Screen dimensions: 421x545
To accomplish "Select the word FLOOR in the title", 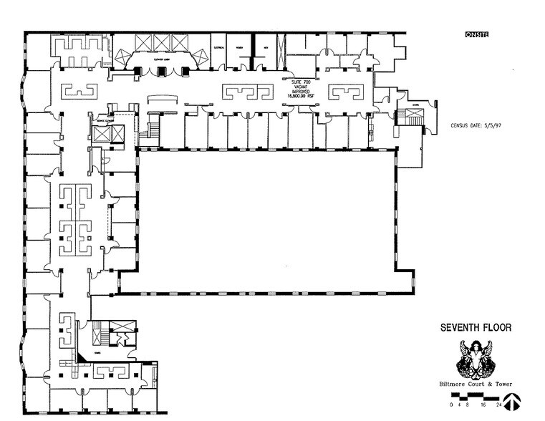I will [x=496, y=329].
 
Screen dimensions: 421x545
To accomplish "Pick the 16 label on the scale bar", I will [x=478, y=405].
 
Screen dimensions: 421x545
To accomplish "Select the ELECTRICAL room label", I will [x=219, y=47].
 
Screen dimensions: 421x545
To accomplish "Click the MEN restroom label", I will [x=265, y=47].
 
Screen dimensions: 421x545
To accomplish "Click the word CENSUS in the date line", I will [x=462, y=125].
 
